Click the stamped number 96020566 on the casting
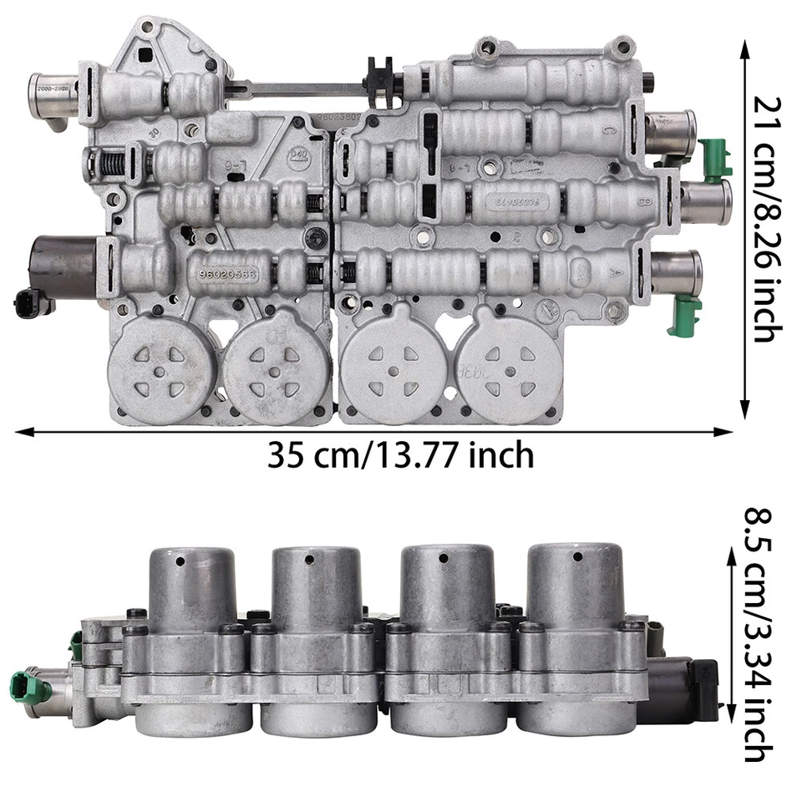click(x=227, y=273)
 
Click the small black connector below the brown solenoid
click(x=24, y=304)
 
